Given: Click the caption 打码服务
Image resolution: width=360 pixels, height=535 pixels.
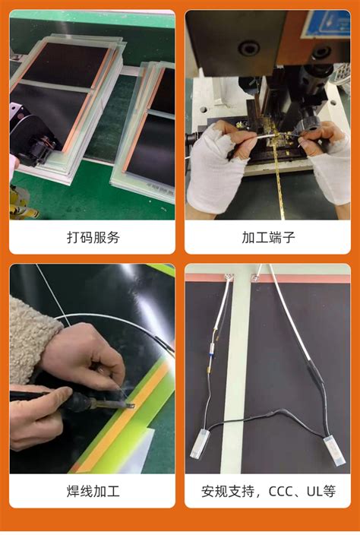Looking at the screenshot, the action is click(x=93, y=237).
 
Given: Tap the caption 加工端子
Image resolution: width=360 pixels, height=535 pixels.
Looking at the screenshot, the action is click(x=268, y=237).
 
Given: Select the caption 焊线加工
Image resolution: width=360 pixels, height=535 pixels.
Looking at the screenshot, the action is click(x=93, y=492).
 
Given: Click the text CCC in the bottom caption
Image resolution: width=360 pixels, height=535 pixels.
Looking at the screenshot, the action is click(x=281, y=492).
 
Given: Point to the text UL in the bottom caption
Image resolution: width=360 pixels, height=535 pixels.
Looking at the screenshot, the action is click(x=313, y=492).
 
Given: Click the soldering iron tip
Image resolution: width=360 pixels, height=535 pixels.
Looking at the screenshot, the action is click(x=129, y=406).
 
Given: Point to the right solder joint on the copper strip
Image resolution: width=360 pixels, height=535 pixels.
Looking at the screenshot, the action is click(x=255, y=278).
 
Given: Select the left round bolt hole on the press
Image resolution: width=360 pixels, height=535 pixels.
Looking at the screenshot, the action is click(x=248, y=48).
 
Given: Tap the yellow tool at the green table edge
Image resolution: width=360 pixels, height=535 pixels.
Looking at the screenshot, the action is click(x=21, y=204).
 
